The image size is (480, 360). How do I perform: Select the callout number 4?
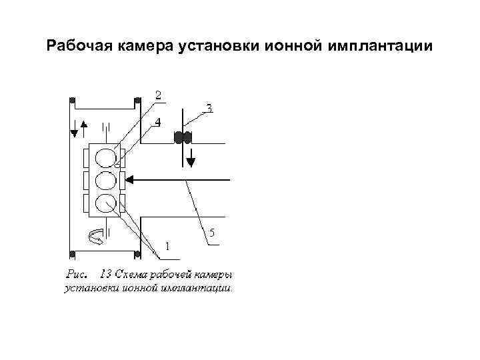[x=157, y=122]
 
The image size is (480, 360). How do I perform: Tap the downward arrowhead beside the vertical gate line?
[x=191, y=160]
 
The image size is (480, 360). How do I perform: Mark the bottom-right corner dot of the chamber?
[x=137, y=253]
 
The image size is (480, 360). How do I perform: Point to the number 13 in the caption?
[x=105, y=274]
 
